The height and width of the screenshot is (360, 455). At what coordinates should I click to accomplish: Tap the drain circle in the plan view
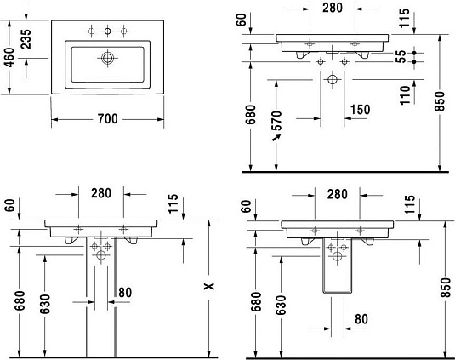(x=107, y=59)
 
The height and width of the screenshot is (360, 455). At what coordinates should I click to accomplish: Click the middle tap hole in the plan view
(x=107, y=31)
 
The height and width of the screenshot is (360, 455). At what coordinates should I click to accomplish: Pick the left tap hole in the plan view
(x=91, y=31)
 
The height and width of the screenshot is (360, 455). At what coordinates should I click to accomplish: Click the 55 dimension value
(x=400, y=57)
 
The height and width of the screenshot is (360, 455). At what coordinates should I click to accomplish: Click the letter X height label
(x=208, y=288)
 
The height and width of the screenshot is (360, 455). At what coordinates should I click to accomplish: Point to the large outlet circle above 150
(x=333, y=82)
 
